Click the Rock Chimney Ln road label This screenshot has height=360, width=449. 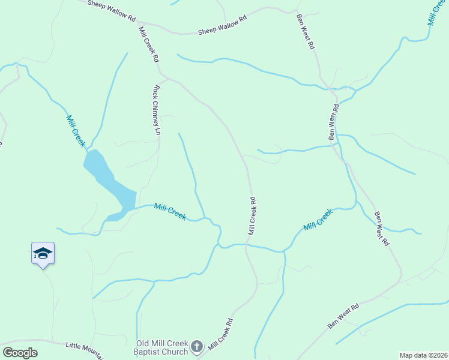click(157, 109)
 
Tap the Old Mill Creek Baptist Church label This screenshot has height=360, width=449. click(161, 347)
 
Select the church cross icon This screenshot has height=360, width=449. click(196, 346)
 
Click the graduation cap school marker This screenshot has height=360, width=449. click(43, 253)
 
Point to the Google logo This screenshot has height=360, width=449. click(20, 353)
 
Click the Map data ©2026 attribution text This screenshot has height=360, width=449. click(423, 355)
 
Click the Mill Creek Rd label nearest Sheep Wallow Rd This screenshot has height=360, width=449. click(148, 44)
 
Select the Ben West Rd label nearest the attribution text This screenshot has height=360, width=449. click(343, 316)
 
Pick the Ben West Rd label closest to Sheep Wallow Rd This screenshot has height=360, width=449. click(305, 31)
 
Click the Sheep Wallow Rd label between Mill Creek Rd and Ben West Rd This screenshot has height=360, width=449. click(223, 26)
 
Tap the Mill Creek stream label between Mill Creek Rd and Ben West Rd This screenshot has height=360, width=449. click(318, 220)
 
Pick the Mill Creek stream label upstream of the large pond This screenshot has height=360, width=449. click(76, 131)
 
